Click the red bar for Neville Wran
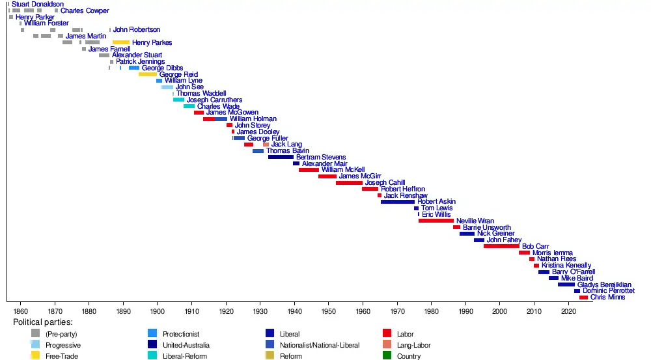pyautogui.click(x=436, y=221)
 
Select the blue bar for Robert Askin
pyautogui.click(x=397, y=202)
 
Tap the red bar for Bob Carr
pyautogui.click(x=501, y=246)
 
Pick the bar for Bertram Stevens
pyautogui.click(x=281, y=157)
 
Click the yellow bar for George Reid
pyautogui.click(x=148, y=74)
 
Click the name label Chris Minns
pyautogui.click(x=607, y=298)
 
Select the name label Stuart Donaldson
pyautogui.click(x=38, y=4)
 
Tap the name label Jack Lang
pyautogui.click(x=286, y=145)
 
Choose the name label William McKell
pyautogui.click(x=343, y=170)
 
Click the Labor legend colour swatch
pyautogui.click(x=387, y=333)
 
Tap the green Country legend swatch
pyautogui.click(x=387, y=355)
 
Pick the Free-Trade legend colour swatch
pyautogui.click(x=35, y=355)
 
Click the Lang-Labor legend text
pyautogui.click(x=413, y=345)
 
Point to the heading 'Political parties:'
pyautogui.click(x=43, y=322)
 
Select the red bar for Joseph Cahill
pyautogui.click(x=349, y=183)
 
